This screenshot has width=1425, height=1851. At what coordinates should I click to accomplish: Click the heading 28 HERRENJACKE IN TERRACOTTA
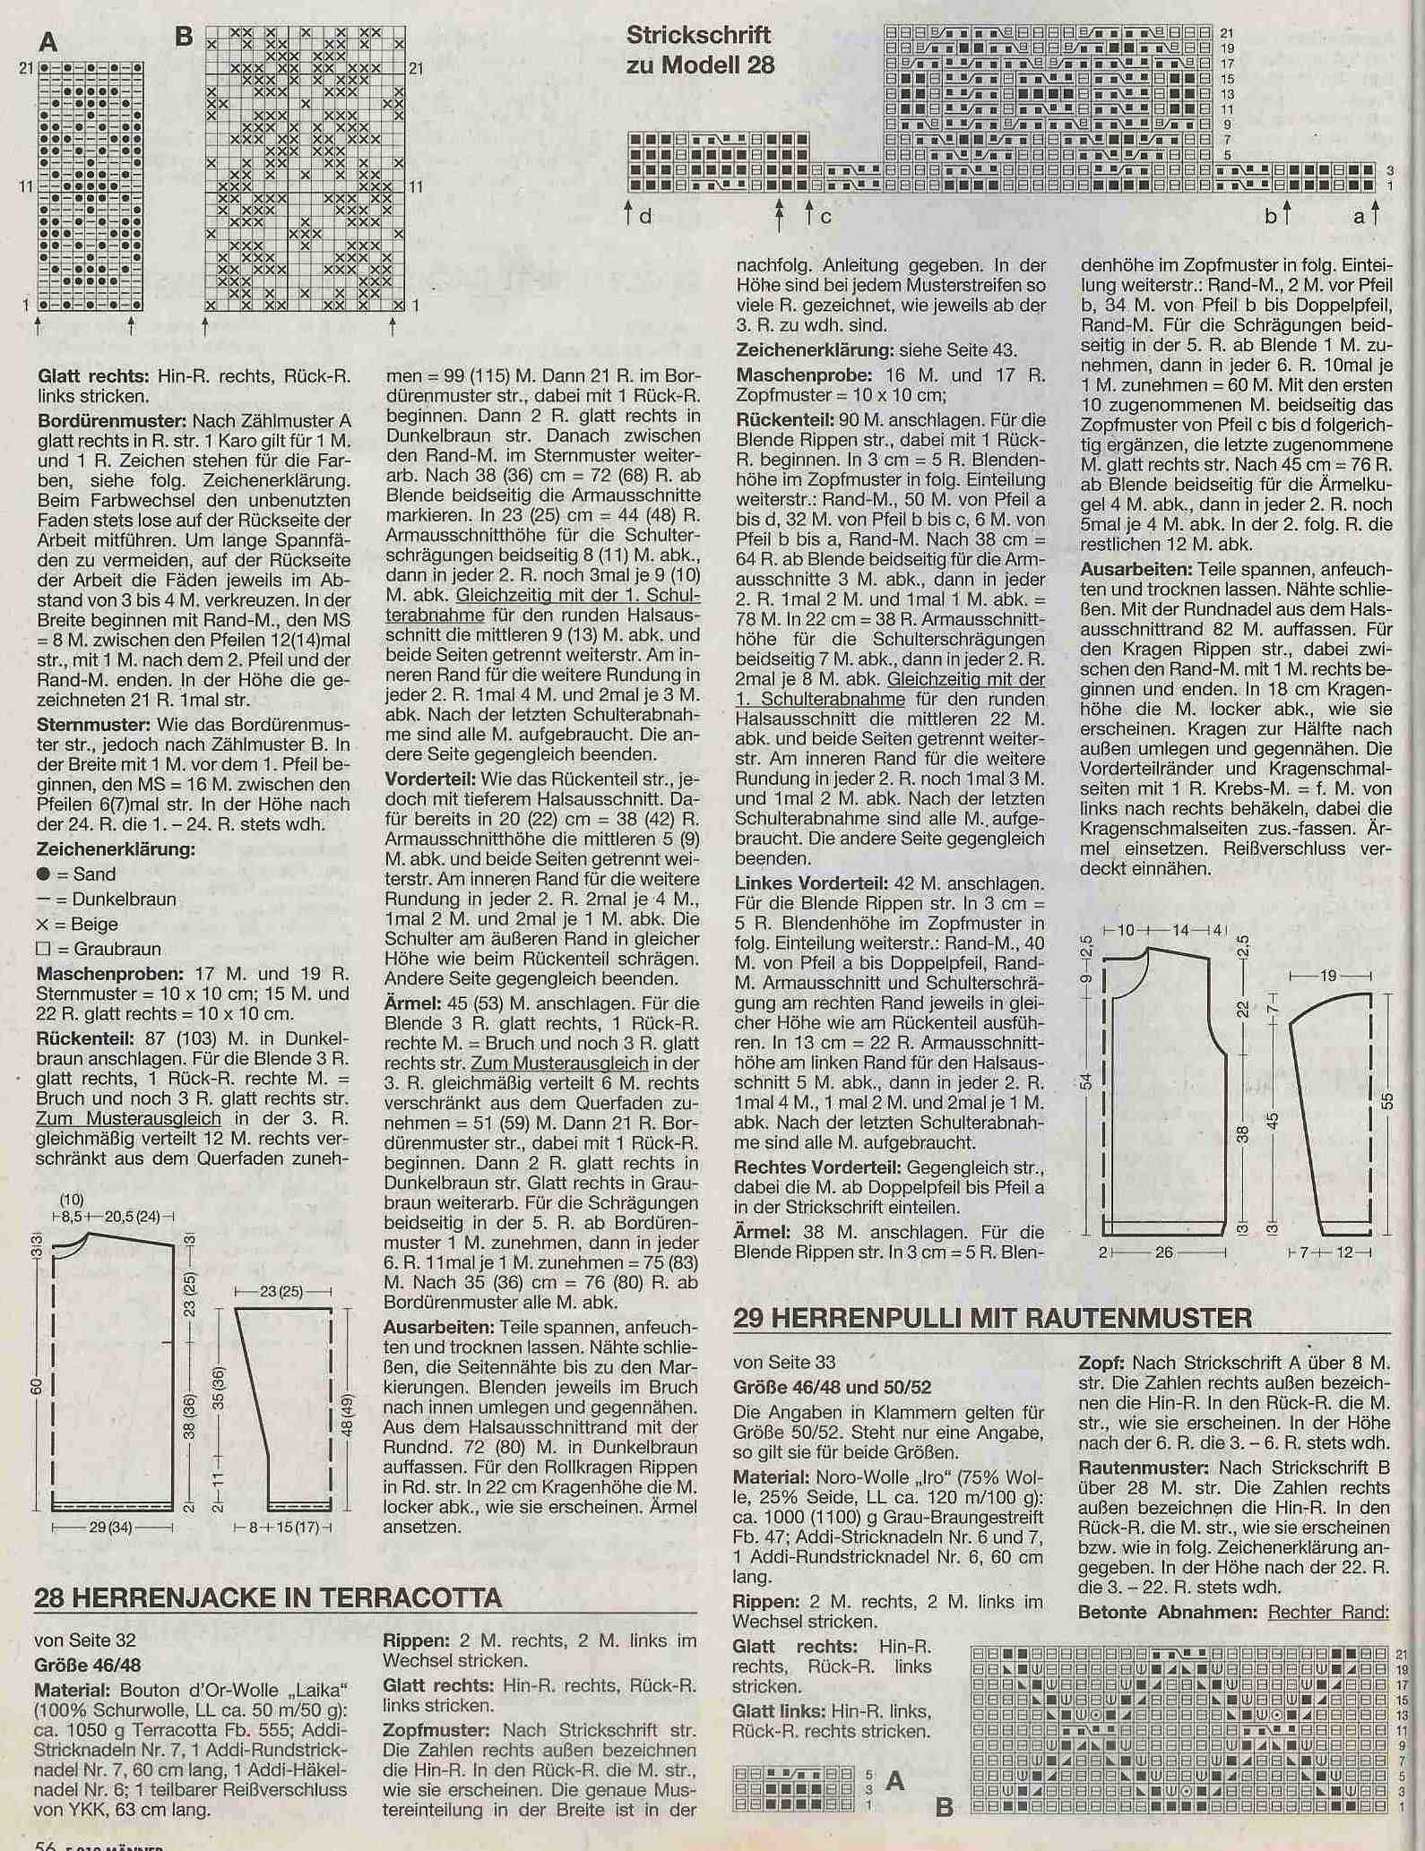[x=268, y=1597]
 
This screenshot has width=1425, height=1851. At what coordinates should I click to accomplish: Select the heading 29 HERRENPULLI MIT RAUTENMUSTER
[x=992, y=1318]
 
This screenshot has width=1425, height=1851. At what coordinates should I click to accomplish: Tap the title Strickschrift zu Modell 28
[x=699, y=50]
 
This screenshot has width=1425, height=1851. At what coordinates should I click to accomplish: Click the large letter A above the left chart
[x=49, y=40]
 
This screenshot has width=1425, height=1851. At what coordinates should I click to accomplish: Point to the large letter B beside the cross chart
[x=185, y=39]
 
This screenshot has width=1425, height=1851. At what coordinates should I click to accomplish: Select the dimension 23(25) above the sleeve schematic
[x=282, y=1293]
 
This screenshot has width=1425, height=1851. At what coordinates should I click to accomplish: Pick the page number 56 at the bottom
[x=46, y=1843]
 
